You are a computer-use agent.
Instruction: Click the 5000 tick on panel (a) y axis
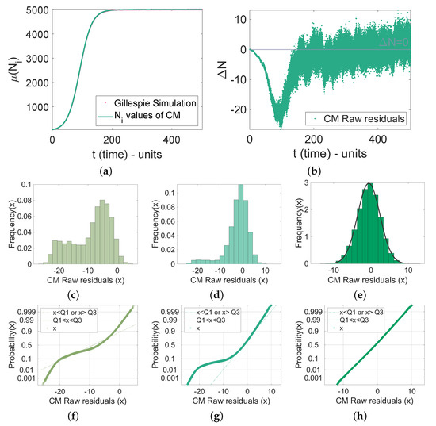click(35, 10)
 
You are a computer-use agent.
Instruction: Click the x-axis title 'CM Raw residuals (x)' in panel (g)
click(230, 404)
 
